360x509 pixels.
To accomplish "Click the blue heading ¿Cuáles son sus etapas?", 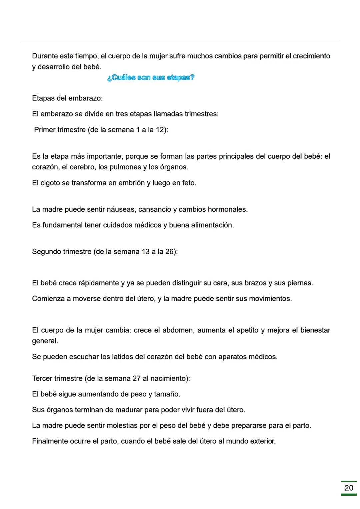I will tap(151, 78).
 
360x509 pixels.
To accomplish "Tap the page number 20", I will tap(349, 488).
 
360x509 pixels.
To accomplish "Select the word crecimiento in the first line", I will tap(311, 56).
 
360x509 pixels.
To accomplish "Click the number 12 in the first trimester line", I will tap(160, 130).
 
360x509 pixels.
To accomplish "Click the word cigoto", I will tap(50, 183).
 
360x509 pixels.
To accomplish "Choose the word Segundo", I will tap(46, 252).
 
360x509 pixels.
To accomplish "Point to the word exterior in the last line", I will tap(262, 441).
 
